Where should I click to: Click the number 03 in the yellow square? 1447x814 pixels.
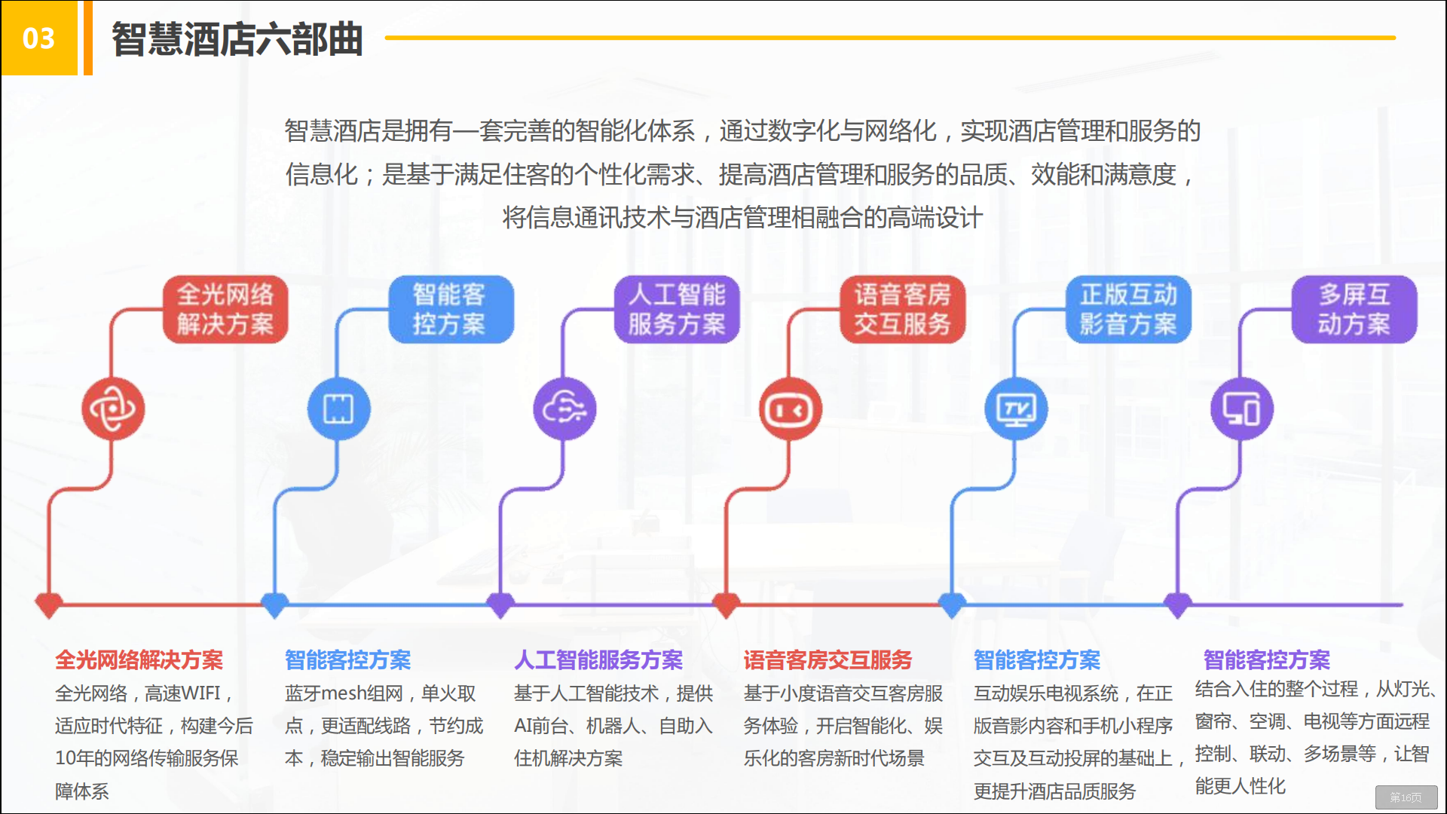38,38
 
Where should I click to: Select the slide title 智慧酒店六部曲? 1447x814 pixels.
237,39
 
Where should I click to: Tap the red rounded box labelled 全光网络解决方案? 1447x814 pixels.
225,310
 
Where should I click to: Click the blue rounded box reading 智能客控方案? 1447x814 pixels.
450,310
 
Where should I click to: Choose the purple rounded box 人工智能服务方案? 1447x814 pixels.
677,310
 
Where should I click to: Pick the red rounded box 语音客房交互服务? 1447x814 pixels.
902,310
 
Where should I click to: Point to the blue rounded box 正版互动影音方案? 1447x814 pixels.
1128,310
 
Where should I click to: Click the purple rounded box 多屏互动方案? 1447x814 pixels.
1354,310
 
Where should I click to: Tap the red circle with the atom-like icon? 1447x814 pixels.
113,409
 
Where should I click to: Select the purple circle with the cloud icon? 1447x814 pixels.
564,409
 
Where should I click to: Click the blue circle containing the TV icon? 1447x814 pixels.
1016,409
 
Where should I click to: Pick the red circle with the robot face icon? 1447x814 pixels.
790,409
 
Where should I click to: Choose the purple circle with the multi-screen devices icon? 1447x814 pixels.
1241,409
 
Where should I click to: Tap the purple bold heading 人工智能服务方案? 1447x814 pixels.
598,660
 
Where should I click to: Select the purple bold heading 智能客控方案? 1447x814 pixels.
1267,660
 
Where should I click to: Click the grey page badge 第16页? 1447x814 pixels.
1406,797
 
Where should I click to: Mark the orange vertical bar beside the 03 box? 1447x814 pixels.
88,38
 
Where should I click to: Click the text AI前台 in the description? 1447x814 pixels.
541,726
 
